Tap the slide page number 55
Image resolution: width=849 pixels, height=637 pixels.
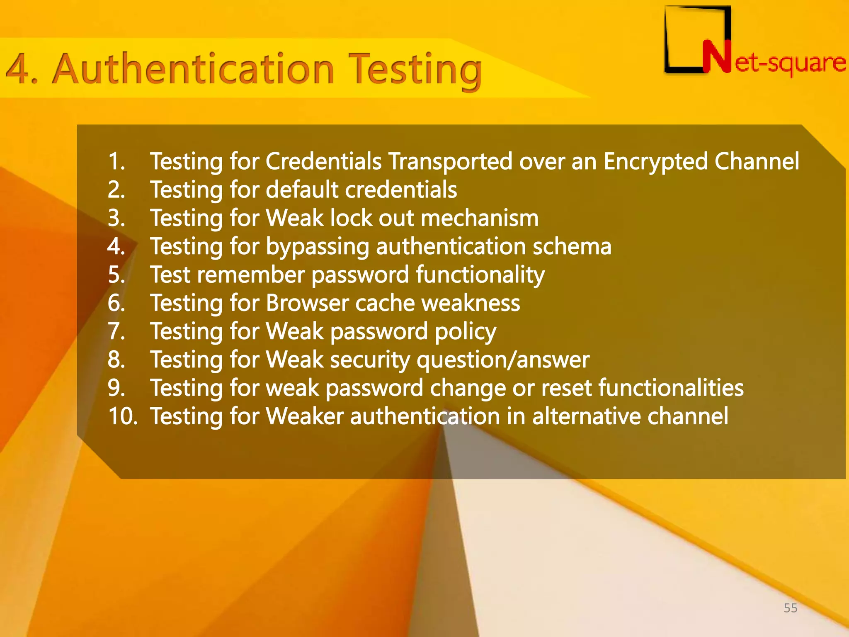(791, 608)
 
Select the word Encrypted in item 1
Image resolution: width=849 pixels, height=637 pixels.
(655, 161)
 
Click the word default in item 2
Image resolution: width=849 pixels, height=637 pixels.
(302, 190)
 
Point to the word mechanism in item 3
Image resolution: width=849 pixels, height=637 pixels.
(480, 218)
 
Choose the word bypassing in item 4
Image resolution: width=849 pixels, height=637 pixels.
(317, 247)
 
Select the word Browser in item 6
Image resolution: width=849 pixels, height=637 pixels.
(307, 303)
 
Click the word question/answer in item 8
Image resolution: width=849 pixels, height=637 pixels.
(503, 360)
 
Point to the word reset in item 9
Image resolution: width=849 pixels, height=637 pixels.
(566, 388)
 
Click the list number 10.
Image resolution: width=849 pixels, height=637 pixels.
(122, 416)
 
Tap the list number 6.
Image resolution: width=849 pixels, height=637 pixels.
(116, 303)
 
